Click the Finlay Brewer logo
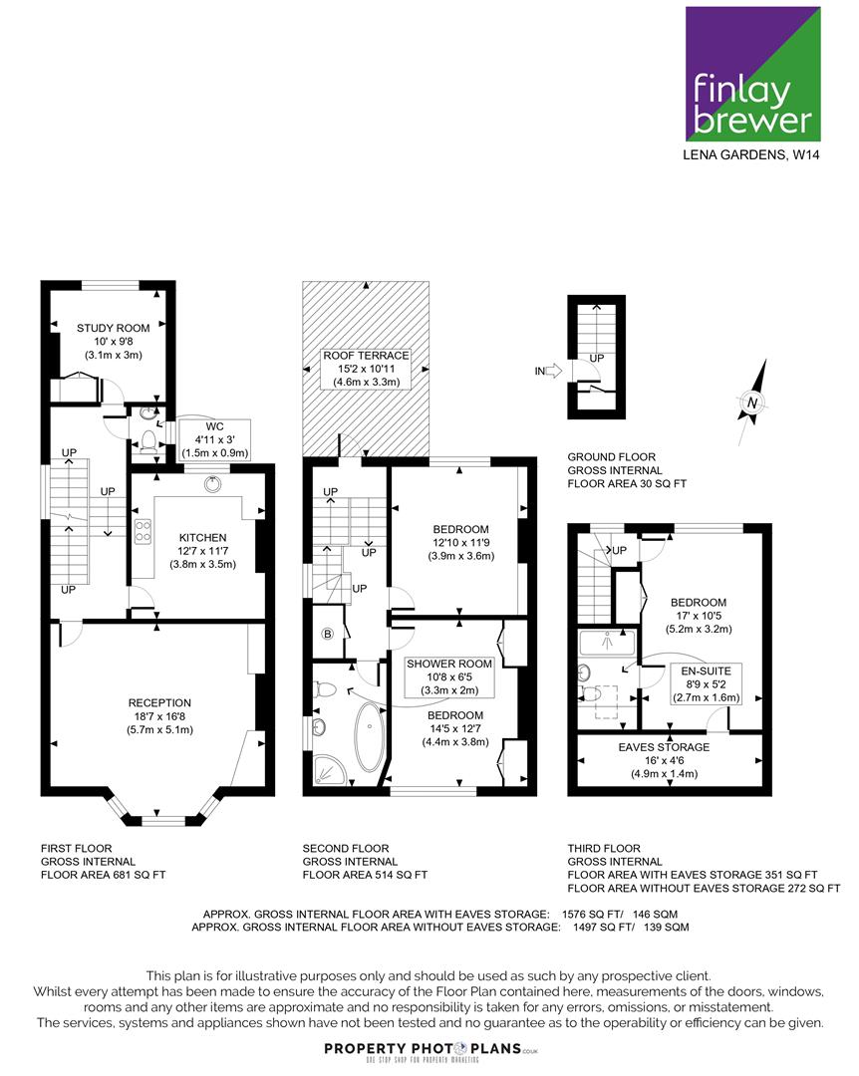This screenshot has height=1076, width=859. (753, 74)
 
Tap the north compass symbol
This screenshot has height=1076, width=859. (752, 403)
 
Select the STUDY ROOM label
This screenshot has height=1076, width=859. (114, 328)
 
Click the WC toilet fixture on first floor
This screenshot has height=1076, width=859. (147, 439)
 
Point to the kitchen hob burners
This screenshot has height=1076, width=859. (143, 532)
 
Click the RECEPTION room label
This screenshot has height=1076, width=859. (159, 702)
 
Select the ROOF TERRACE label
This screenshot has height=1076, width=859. (366, 356)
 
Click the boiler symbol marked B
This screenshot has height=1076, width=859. (328, 634)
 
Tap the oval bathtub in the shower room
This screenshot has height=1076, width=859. (370, 737)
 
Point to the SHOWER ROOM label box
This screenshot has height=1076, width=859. (449, 677)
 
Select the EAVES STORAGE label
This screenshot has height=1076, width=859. (664, 747)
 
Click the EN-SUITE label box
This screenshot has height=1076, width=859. (706, 684)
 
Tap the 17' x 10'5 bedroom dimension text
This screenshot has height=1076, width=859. (699, 616)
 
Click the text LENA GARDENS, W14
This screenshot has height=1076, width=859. (750, 155)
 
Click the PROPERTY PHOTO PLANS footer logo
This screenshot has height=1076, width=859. (430, 1050)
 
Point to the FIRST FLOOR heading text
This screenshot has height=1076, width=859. (76, 848)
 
